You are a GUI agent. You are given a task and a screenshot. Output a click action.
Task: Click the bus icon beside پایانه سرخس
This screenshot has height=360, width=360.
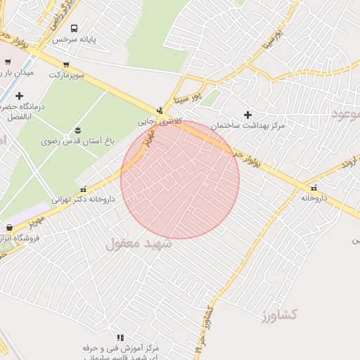[x=75, y=28]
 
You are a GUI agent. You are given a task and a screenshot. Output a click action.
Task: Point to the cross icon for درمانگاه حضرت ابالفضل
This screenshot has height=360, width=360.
[x=19, y=96]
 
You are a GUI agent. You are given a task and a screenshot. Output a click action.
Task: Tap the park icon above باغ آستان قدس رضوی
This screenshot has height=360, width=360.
[x=77, y=130]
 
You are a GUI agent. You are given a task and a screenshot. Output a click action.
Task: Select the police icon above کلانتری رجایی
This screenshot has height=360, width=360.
[x=160, y=110]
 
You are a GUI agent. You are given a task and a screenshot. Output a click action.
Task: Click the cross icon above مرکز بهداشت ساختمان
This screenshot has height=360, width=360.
[x=247, y=115]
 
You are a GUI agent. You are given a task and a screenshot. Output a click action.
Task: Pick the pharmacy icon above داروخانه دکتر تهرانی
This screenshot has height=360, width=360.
[x=84, y=188]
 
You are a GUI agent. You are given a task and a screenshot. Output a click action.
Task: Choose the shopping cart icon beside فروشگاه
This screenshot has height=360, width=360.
[x=9, y=228]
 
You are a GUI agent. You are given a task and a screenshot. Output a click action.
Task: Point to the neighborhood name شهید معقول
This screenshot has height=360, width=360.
[x=139, y=244]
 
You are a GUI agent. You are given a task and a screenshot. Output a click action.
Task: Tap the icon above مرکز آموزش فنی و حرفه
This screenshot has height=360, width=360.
[x=120, y=337]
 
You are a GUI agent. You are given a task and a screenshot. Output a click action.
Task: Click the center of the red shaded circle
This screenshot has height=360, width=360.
[x=180, y=180]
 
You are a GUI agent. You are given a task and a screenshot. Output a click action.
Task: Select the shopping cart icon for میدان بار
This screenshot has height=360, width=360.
[x=8, y=62]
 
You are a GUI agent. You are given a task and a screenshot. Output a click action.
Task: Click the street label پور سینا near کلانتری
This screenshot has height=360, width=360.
[x=188, y=96]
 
